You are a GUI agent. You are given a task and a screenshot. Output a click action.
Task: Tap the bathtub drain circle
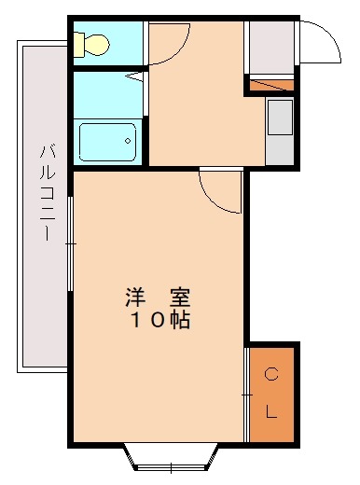coord(127,142)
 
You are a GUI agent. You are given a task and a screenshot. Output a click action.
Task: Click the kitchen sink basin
coord(280,118)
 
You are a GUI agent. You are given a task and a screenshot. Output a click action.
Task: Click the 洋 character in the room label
coord(135,299)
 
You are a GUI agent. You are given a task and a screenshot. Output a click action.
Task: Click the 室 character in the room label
coord(179,299)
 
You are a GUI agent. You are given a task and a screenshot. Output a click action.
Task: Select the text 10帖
coord(159,321)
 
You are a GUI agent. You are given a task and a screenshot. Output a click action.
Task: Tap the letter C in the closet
coord(271,375)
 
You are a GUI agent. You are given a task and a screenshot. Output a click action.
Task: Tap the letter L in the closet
coord(271,412)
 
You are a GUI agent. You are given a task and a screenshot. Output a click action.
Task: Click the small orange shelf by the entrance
coord(270,87)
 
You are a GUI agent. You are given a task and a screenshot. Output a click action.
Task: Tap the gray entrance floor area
coord(270,47)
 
